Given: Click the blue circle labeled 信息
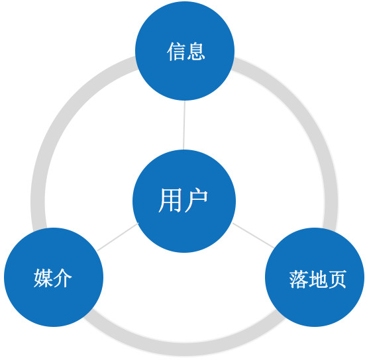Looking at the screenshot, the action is point(185,51).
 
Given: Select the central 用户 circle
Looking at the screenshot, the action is point(184,201).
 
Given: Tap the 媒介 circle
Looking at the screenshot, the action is point(54,277).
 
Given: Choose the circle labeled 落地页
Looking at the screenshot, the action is point(315,277).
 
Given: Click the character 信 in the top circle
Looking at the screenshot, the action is point(176,52).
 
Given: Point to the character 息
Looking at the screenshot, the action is point(195,52).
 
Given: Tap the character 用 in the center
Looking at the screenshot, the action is point(170,201).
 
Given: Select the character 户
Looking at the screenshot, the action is point(196,201).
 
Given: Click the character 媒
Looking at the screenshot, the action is point(43,278).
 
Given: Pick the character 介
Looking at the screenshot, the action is point(62,278).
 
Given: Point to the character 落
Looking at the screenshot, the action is point(299,279).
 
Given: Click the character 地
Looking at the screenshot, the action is point(318,279).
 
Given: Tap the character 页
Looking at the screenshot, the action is point(337,279).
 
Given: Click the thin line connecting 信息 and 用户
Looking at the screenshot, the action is point(184,125).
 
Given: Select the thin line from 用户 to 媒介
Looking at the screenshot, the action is point(118,237).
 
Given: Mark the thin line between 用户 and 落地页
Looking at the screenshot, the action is point(253,235).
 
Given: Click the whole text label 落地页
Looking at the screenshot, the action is point(318,279).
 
